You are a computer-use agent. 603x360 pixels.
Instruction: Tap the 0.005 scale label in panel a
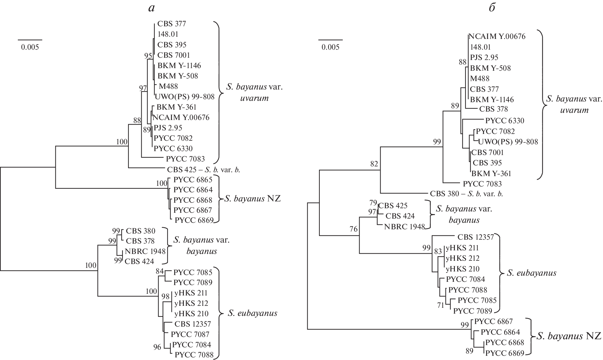(30, 47)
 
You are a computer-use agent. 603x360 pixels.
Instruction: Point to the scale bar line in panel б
(330, 40)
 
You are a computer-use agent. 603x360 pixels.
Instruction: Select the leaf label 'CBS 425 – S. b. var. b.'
(204, 169)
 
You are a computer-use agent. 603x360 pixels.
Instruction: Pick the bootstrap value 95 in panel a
(148, 56)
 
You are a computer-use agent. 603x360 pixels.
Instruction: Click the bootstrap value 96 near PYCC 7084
(157, 347)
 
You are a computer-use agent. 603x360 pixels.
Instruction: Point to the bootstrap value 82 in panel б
(374, 164)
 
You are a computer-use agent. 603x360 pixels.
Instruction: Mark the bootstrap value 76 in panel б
(353, 229)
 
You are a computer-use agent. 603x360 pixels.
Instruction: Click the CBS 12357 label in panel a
(193, 324)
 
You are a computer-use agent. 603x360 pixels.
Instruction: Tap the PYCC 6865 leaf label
(193, 180)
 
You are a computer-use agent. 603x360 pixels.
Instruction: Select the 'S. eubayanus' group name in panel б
(531, 273)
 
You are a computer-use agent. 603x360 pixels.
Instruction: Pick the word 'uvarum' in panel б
(574, 110)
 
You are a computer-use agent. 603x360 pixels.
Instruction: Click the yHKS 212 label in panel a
(191, 303)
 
